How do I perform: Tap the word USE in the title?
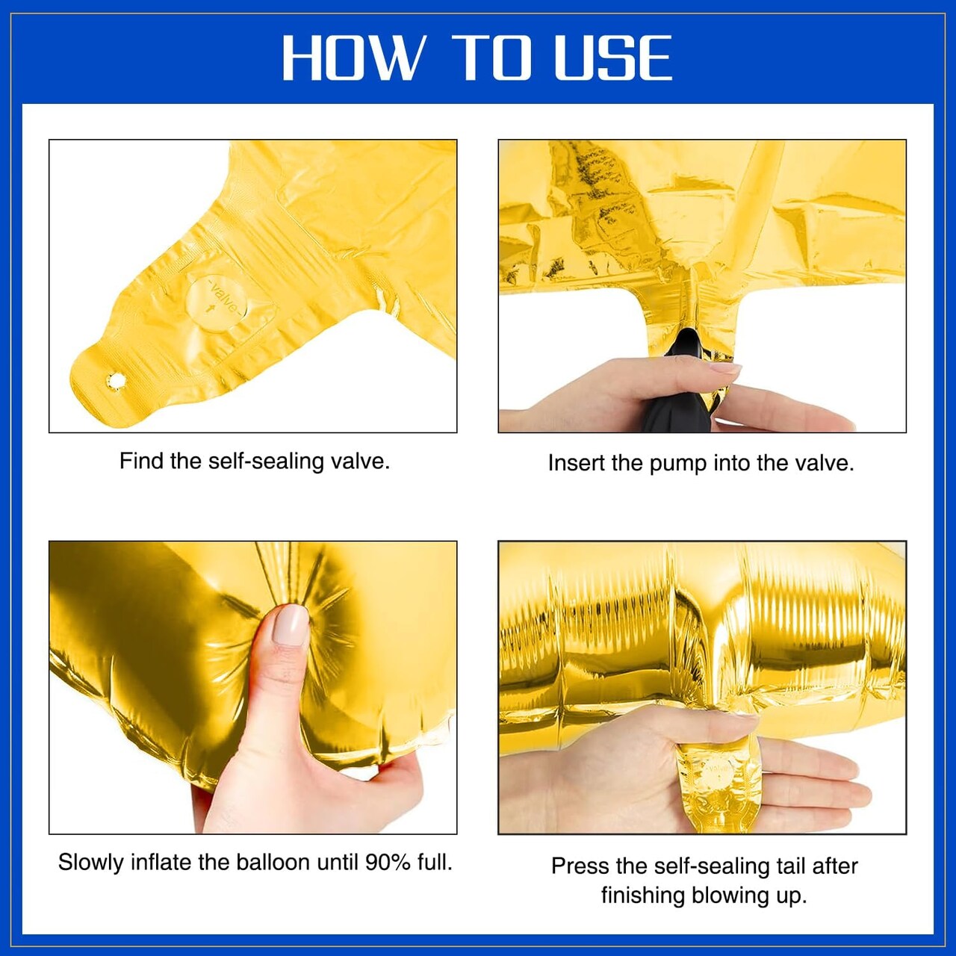pyautogui.click(x=613, y=58)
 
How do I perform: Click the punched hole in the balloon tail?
pyautogui.click(x=114, y=381)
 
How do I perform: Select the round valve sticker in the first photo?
pyautogui.click(x=217, y=303)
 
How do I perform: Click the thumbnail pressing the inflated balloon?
pyautogui.click(x=291, y=624)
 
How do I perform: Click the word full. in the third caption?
pyautogui.click(x=435, y=862)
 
